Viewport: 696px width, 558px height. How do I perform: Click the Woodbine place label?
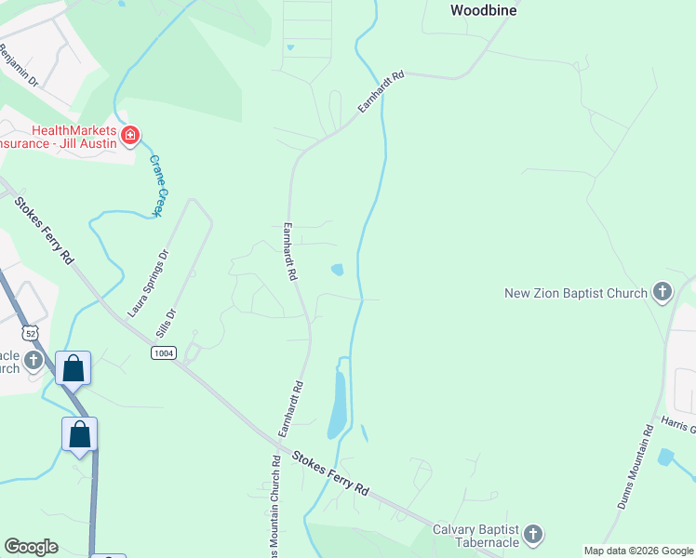[483, 11]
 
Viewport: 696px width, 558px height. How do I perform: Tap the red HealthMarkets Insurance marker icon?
[130, 137]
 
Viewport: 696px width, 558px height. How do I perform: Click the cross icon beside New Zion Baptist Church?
[662, 293]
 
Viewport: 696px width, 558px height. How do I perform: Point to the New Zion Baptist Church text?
[575, 294]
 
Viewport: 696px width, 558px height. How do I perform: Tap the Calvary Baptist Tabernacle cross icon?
[532, 534]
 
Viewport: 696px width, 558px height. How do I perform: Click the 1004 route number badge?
[164, 352]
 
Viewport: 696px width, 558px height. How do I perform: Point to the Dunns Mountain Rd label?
[636, 468]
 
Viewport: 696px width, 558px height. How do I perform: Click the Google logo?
[31, 547]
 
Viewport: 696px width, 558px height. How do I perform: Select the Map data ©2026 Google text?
[637, 551]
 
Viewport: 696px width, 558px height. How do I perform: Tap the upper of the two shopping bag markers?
[74, 367]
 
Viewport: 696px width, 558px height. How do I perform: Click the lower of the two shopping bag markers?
[80, 433]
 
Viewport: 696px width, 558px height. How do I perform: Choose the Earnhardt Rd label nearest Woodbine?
[382, 92]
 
